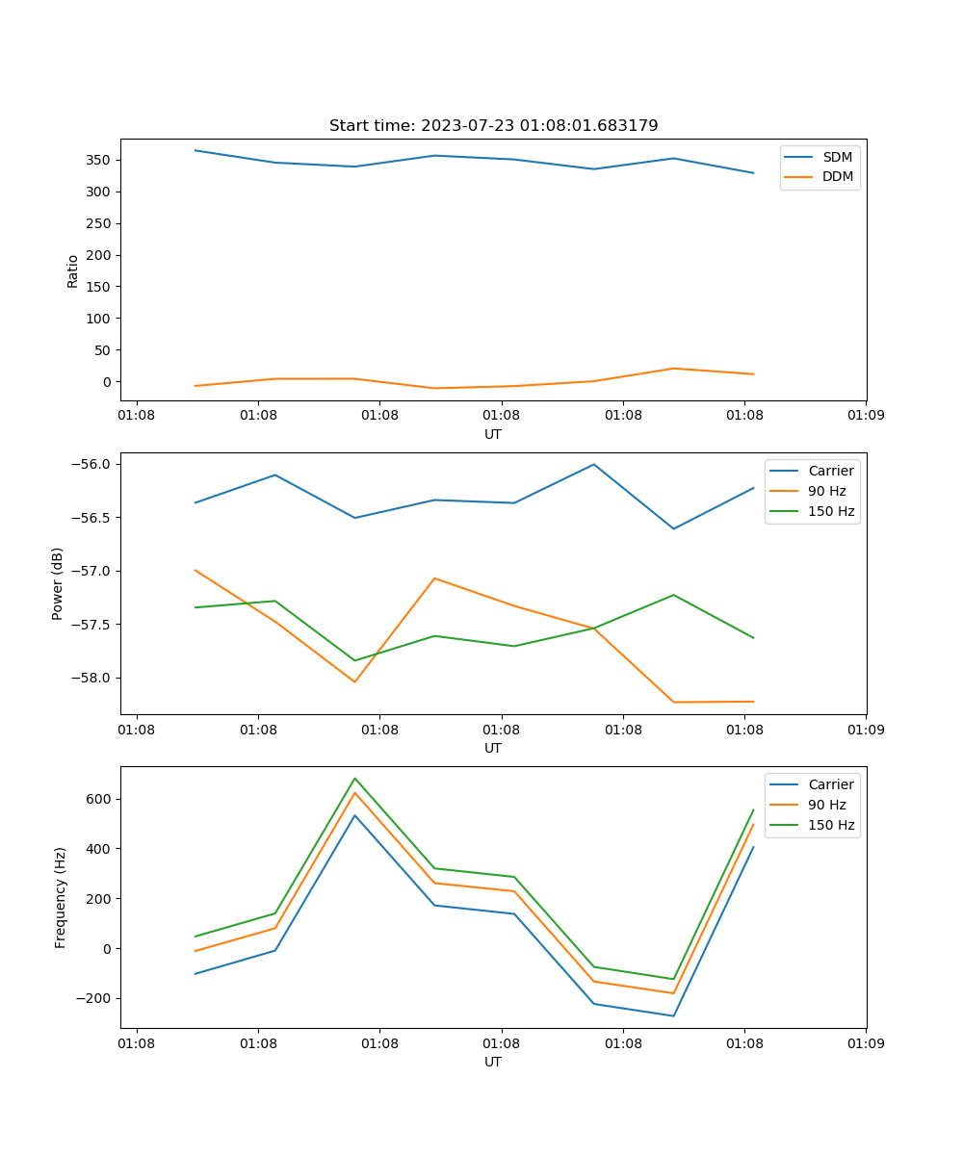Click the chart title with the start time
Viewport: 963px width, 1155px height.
pyautogui.click(x=493, y=126)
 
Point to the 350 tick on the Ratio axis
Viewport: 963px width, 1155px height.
pyautogui.click(x=102, y=160)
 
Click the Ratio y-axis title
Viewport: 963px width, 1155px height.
pyautogui.click(x=73, y=270)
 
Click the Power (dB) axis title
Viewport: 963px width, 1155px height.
pyautogui.click(x=58, y=583)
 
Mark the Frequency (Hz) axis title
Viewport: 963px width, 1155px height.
pyautogui.click(x=61, y=897)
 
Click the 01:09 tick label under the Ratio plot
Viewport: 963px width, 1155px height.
pyautogui.click(x=865, y=416)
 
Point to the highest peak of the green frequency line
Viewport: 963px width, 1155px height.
pyautogui.click(x=355, y=779)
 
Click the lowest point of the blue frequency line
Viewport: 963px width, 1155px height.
pyautogui.click(x=673, y=1015)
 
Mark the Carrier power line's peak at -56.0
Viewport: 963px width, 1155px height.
pyautogui.click(x=594, y=464)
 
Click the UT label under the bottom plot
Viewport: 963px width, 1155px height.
pyautogui.click(x=493, y=1062)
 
